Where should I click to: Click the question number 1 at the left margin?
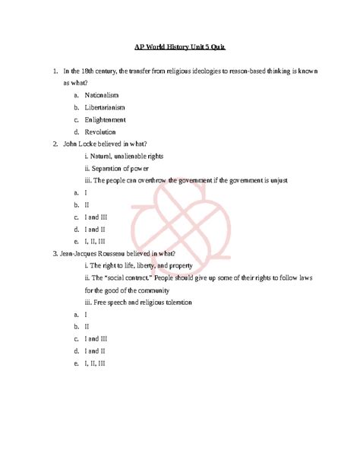click(x=55, y=71)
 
